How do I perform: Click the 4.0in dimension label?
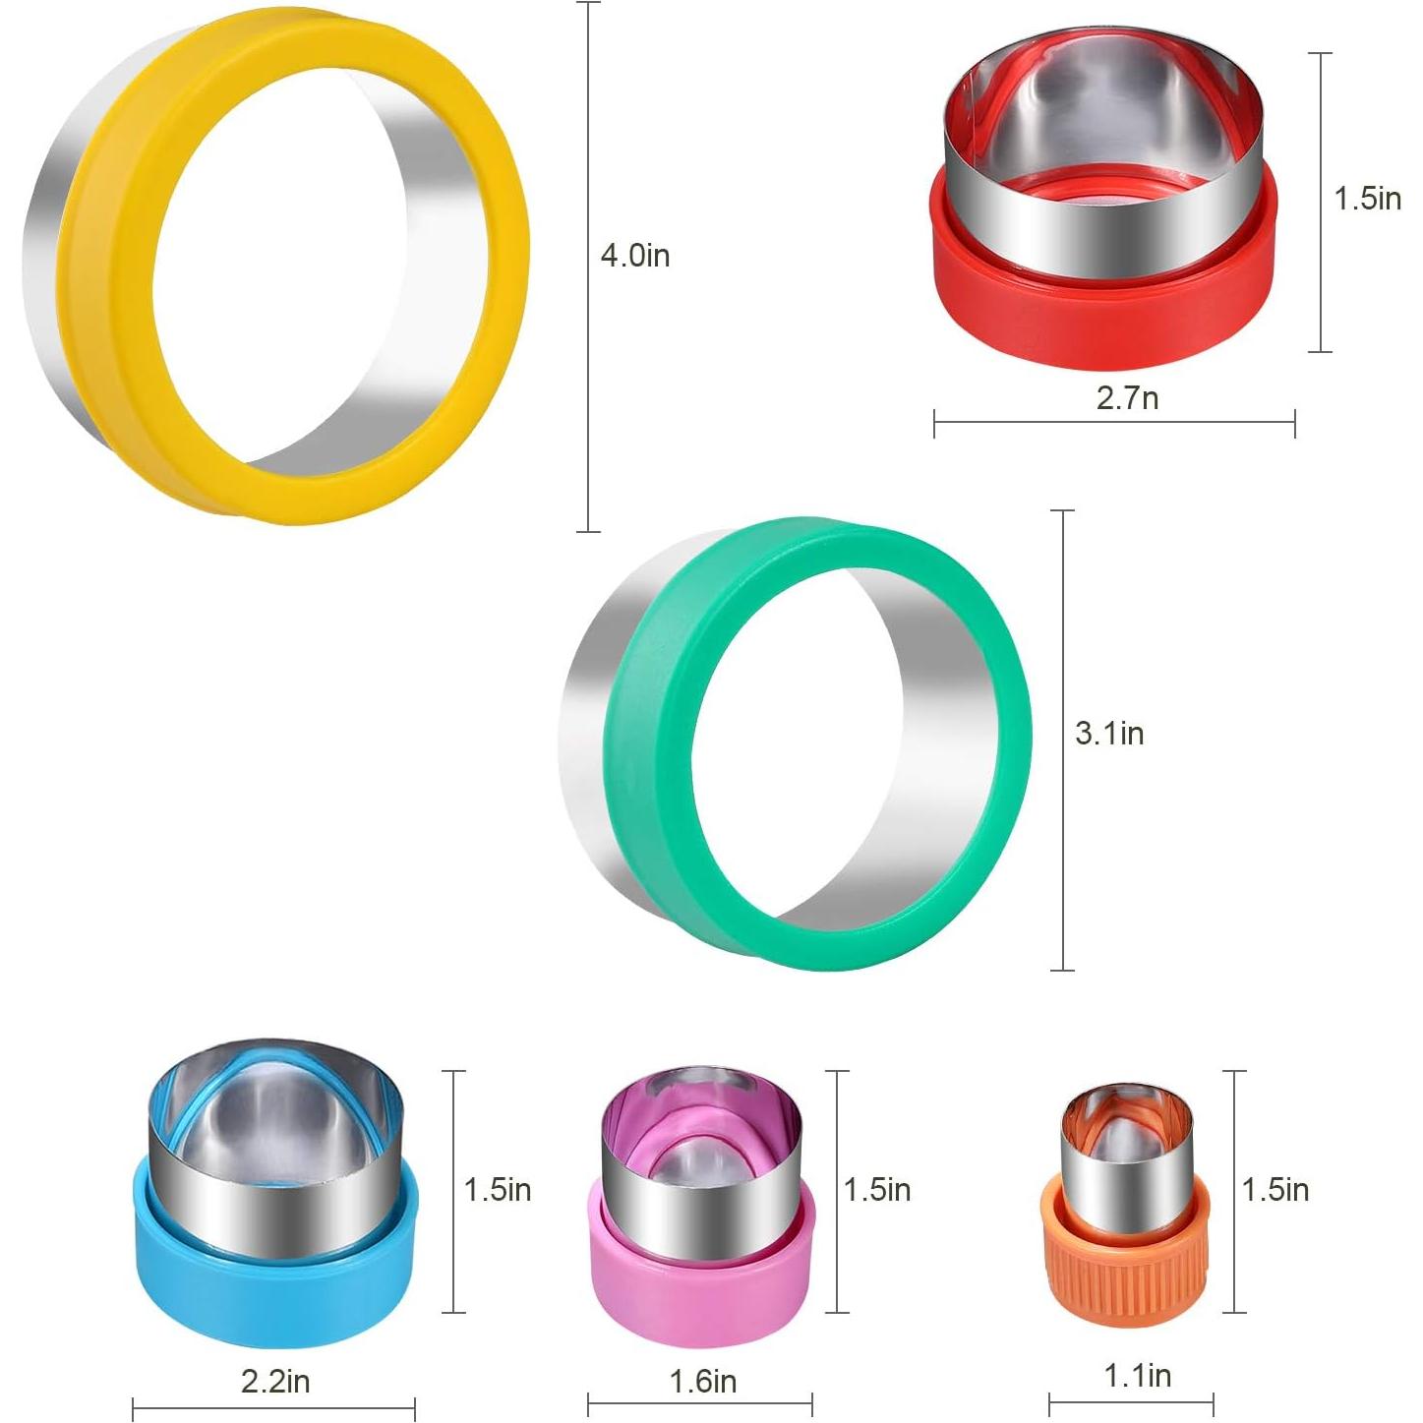click(635, 257)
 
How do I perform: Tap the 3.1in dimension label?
click(1110, 734)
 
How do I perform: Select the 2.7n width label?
click(1128, 398)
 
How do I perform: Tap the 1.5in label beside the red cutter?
click(1368, 199)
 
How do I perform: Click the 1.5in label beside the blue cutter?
click(497, 1190)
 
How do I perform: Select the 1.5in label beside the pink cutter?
click(876, 1190)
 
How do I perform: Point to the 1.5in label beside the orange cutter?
click(1275, 1190)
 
